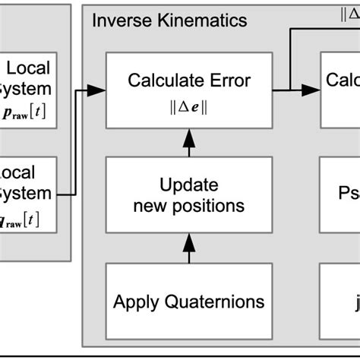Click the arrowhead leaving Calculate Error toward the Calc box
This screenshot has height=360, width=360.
click(310, 90)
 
